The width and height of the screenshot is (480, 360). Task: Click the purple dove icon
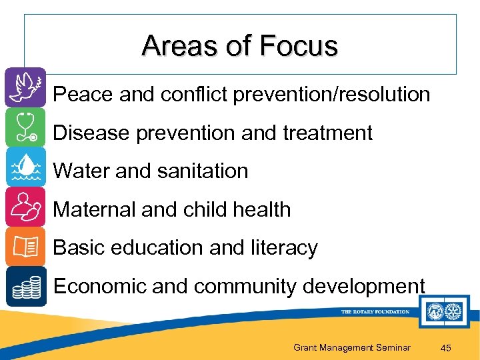point(25,87)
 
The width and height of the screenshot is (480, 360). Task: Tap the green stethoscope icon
point(25,127)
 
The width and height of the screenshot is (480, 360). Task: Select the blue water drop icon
point(25,167)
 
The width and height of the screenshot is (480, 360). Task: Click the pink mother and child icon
point(25,207)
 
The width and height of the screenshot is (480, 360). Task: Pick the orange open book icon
point(25,247)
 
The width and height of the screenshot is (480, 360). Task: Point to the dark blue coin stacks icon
point(25,286)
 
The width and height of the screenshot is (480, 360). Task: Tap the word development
point(363,286)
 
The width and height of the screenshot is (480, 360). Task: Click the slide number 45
point(447,347)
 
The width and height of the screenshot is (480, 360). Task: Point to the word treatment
point(327,133)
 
